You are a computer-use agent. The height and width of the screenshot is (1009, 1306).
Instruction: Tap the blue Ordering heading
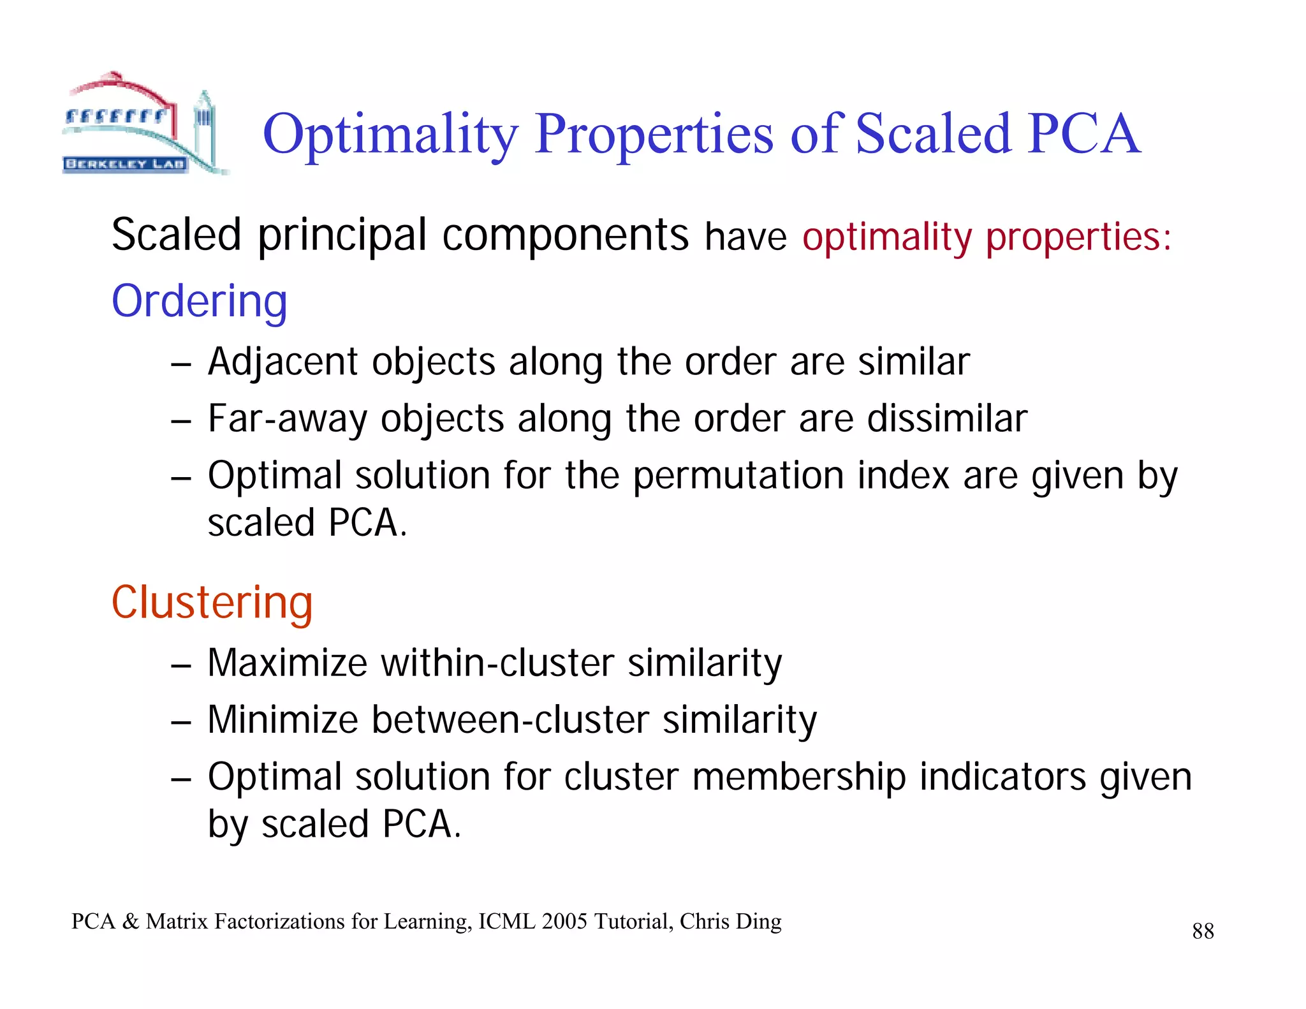click(199, 301)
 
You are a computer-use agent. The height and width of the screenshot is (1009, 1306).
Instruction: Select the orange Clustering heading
click(212, 602)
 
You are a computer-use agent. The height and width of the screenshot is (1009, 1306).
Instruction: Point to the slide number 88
click(1203, 931)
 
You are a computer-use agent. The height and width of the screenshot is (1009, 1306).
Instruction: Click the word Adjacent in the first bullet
click(284, 362)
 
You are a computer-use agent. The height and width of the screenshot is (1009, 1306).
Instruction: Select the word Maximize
click(288, 663)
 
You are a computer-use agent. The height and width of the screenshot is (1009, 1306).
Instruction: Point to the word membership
click(798, 777)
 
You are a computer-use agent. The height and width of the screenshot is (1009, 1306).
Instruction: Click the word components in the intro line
click(565, 235)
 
